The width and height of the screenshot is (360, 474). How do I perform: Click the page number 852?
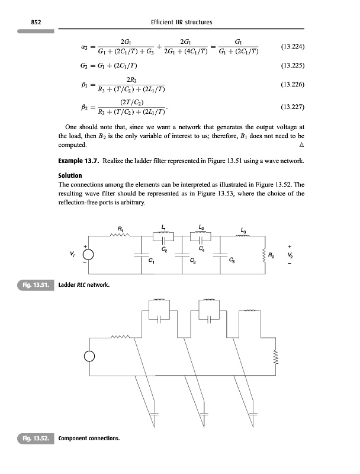(26, 23)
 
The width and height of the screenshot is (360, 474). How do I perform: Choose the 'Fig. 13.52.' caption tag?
(35, 439)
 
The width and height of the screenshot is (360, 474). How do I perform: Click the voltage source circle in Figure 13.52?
(89, 357)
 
